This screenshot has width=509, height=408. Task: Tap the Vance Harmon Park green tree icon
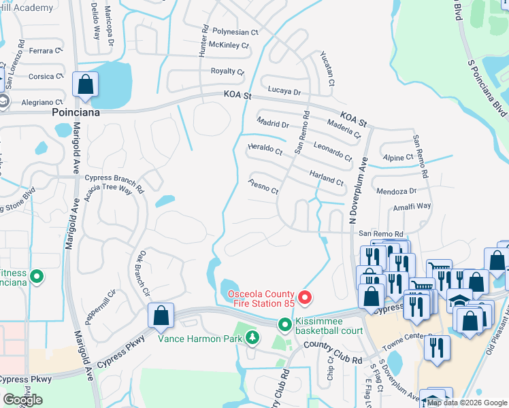click(x=252, y=337)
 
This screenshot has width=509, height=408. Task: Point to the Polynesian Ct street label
click(x=236, y=32)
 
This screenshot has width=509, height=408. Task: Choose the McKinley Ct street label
click(x=229, y=46)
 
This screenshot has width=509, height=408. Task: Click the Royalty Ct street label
click(x=227, y=71)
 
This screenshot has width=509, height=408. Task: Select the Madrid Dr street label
click(x=273, y=123)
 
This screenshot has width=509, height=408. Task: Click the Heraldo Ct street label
click(x=265, y=149)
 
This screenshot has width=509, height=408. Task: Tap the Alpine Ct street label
click(x=398, y=157)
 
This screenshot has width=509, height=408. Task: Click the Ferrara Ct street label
click(x=46, y=51)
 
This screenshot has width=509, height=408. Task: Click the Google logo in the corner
click(x=22, y=400)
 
